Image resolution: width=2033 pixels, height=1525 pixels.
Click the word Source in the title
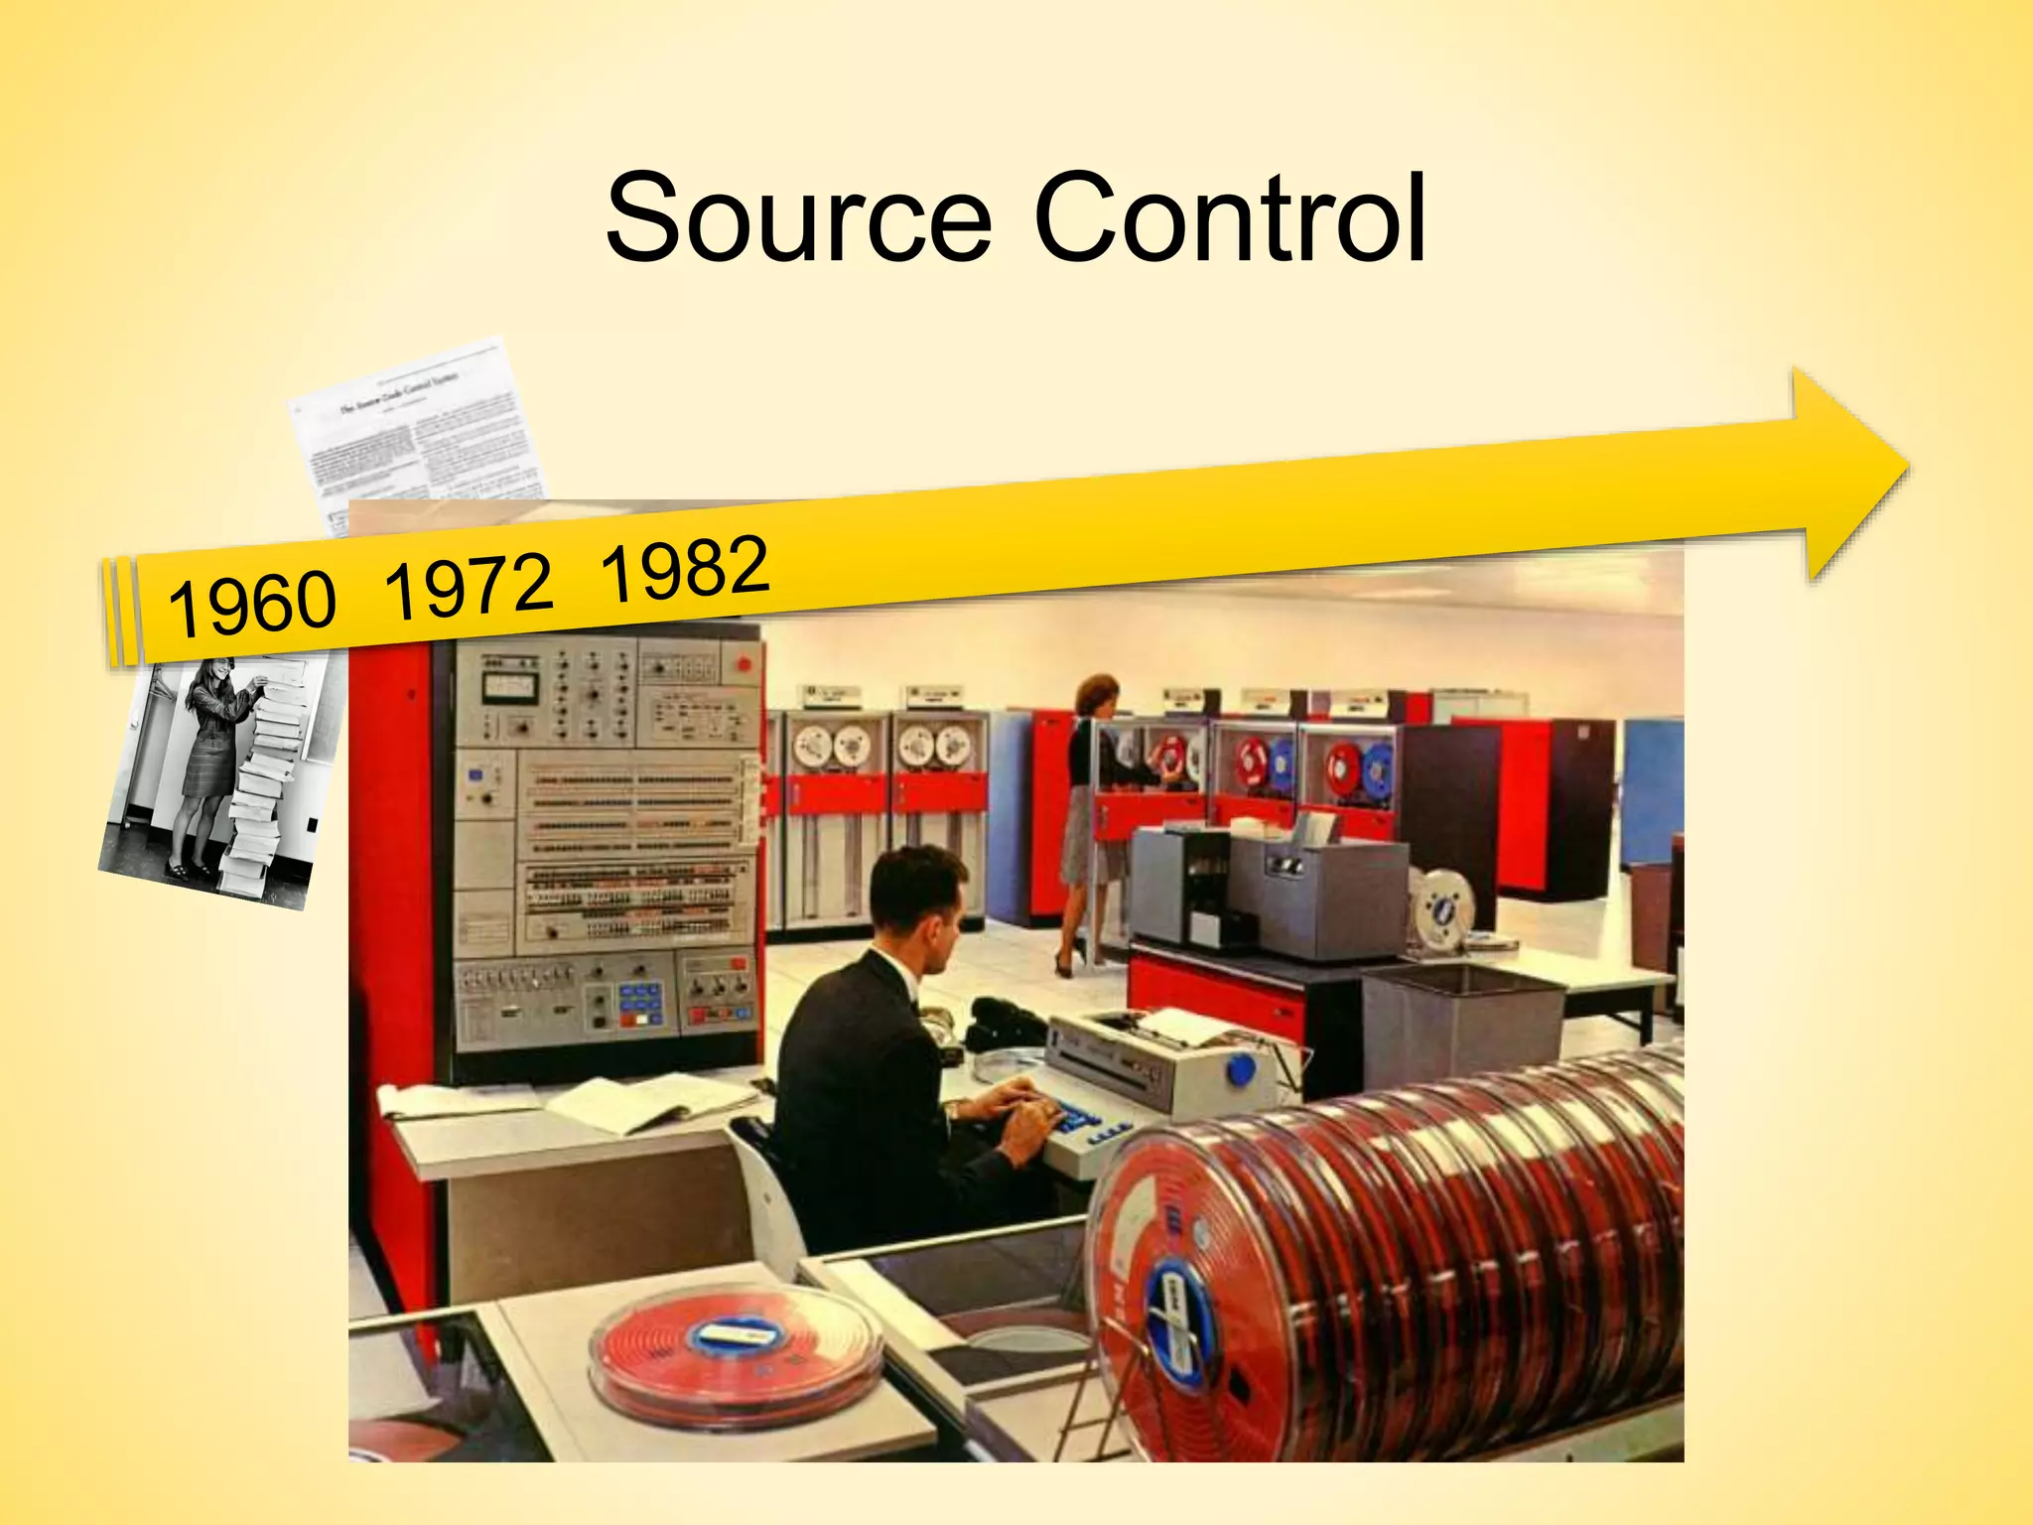799,218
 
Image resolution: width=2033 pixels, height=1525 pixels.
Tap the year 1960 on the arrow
252,603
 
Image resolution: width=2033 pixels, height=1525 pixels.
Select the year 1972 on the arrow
468,586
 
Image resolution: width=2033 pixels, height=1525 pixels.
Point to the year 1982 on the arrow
685,569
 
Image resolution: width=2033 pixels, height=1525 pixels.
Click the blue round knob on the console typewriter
1240,1071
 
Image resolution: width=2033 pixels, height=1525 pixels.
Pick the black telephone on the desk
1003,1023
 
